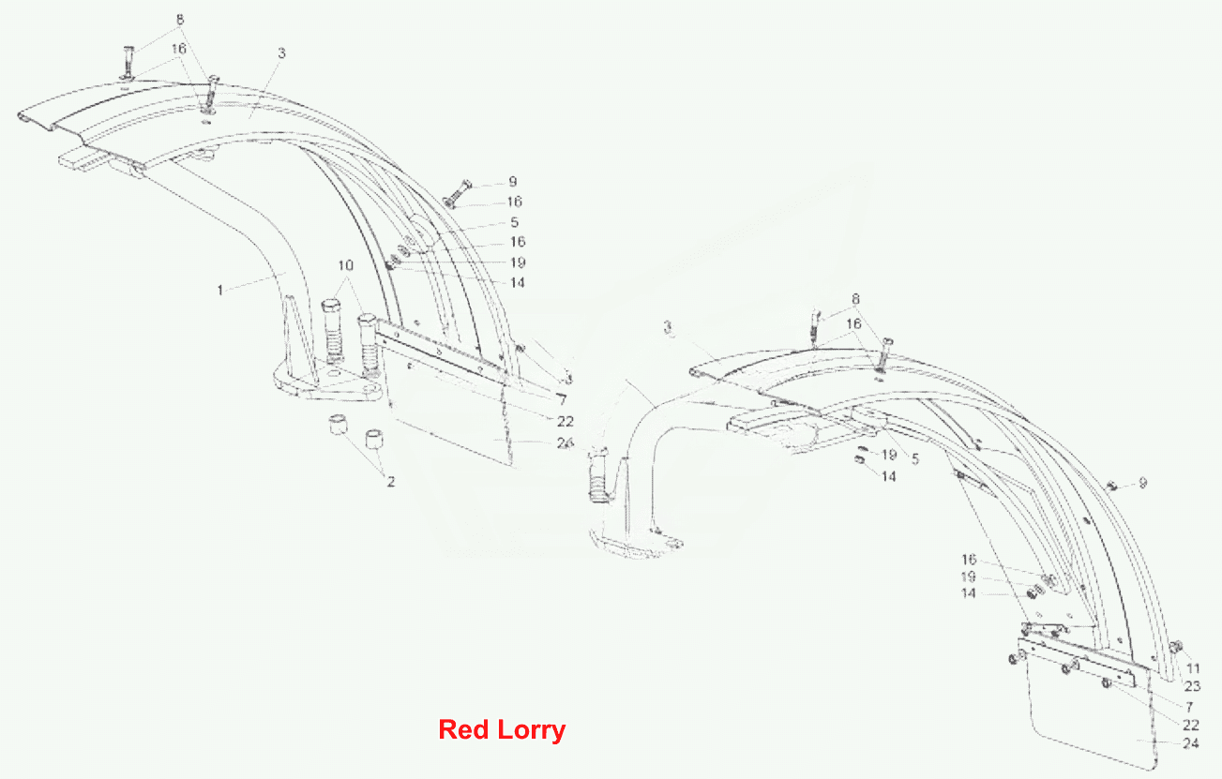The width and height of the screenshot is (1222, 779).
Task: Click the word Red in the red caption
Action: (x=463, y=728)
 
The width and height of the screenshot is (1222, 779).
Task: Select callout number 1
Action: (x=219, y=290)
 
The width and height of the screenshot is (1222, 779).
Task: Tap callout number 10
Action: (x=345, y=265)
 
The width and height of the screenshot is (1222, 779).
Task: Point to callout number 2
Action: (x=390, y=482)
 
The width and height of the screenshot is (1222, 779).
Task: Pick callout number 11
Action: (x=1193, y=668)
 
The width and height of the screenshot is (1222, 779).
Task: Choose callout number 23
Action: (x=1193, y=686)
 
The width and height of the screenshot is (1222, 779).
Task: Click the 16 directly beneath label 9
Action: (x=515, y=202)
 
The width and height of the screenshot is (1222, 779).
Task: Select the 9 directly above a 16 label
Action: (x=512, y=182)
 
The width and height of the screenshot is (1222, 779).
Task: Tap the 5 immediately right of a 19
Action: (x=915, y=459)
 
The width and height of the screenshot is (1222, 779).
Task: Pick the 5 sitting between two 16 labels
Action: (x=514, y=222)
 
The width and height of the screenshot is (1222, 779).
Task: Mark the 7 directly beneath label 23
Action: (x=1189, y=707)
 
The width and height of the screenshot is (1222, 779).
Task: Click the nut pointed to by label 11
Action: (x=1176, y=647)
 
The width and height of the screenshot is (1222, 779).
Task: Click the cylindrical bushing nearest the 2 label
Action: (x=373, y=439)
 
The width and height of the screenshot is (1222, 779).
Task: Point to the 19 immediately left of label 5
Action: (x=889, y=455)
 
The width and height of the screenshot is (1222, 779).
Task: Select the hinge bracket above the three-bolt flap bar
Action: (x=1043, y=629)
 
